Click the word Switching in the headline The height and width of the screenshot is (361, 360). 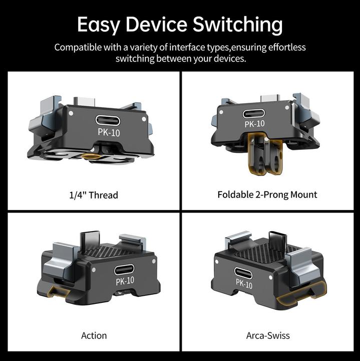click(237, 25)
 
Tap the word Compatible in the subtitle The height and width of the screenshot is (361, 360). click(78, 48)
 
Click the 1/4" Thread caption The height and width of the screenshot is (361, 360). click(94, 195)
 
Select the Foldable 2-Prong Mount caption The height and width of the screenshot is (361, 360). click(267, 195)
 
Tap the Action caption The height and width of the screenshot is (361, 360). click(94, 335)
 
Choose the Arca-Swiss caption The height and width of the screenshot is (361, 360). click(268, 335)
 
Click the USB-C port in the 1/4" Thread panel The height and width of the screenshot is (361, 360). click(108, 120)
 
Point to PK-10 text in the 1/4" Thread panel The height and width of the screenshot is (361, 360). click(109, 132)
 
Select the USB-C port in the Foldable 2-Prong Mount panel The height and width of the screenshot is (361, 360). click(254, 114)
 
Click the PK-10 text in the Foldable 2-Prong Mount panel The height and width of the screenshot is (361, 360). click(255, 124)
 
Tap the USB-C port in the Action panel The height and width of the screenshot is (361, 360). click(124, 269)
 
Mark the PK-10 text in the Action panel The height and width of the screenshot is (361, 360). click(125, 281)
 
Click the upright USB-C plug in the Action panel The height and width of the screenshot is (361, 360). click(90, 241)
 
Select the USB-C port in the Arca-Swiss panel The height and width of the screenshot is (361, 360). click(243, 273)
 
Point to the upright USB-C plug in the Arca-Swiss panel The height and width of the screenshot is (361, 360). click(278, 242)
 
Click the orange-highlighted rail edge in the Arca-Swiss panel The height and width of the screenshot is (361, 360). click(301, 296)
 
